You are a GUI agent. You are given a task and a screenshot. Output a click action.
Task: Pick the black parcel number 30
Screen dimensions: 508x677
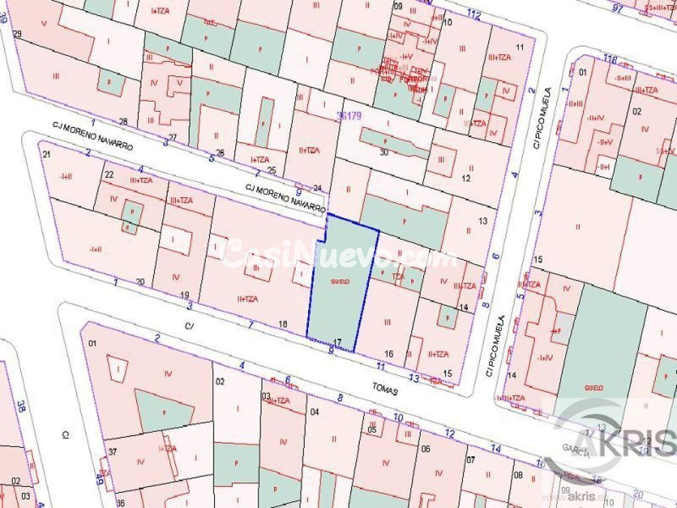(384, 152)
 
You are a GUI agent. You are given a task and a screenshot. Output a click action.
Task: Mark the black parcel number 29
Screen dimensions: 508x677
(18, 34)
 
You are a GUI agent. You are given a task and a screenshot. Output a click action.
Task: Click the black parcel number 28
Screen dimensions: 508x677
(123, 121)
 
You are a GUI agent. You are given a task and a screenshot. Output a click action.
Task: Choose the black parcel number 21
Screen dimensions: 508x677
(46, 155)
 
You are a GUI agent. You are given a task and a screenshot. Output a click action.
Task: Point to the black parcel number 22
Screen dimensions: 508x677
(109, 175)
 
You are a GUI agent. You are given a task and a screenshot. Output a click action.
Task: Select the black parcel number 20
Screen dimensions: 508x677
(139, 282)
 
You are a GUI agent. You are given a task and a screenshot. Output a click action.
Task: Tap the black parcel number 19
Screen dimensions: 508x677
(184, 295)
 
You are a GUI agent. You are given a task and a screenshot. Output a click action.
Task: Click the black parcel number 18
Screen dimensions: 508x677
(283, 324)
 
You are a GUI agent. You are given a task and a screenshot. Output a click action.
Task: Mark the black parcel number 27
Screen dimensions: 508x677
(173, 138)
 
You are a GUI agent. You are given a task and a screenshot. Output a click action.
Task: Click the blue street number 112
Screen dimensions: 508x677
(473, 15)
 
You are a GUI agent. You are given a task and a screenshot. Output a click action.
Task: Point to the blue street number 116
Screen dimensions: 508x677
(610, 60)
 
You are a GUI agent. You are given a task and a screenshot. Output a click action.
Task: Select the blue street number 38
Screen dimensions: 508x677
(21, 405)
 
